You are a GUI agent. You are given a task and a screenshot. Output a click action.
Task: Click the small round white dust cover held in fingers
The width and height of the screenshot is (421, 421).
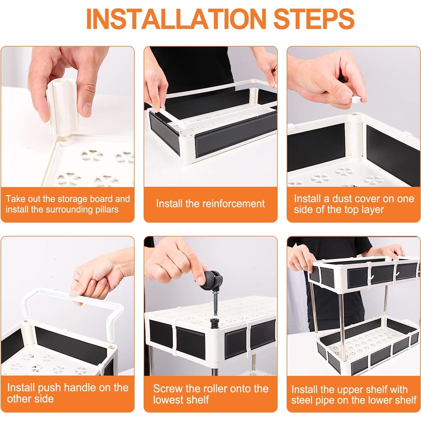click(x=357, y=99)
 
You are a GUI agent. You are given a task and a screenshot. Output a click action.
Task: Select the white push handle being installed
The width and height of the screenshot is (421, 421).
click(x=73, y=306)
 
